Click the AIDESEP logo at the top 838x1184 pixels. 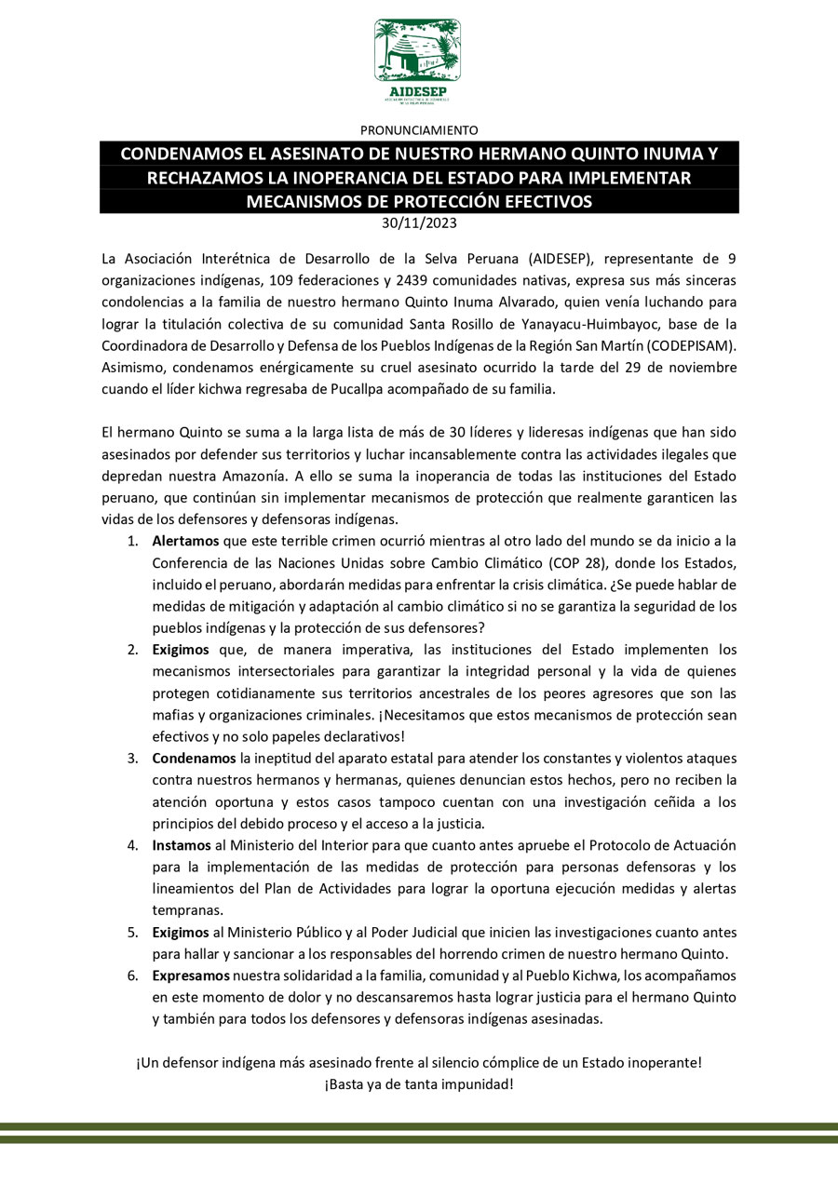point(418,61)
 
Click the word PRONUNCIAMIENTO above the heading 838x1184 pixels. point(419,130)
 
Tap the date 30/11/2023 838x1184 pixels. point(419,223)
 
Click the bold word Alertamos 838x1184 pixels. point(186,541)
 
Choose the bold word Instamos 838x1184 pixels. point(182,845)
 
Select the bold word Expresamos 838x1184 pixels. point(192,975)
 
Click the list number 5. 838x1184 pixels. point(133,932)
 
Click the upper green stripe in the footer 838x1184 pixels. point(419,1126)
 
